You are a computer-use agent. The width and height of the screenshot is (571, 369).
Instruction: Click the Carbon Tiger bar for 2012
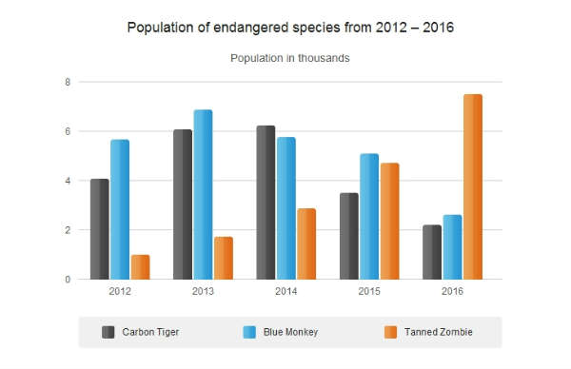coord(99,229)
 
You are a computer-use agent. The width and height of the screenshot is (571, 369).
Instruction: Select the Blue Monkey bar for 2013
coord(203,194)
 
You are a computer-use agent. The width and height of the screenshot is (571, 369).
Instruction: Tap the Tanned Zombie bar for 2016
coord(473,186)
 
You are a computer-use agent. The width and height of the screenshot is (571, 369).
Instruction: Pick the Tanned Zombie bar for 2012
coord(140,267)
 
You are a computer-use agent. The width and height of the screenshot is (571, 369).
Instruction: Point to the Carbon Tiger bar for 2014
coord(266,203)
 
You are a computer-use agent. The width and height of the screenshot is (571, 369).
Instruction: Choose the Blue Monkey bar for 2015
coord(369,217)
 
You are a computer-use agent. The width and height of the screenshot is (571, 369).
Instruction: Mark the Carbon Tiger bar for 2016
coord(432,252)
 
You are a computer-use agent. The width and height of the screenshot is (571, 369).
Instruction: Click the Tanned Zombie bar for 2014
coord(306,243)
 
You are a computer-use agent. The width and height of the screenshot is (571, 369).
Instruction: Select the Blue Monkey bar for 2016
coord(452,247)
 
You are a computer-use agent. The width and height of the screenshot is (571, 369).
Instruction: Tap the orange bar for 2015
coord(389,222)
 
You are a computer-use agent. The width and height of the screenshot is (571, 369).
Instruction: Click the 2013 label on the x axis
coord(203,291)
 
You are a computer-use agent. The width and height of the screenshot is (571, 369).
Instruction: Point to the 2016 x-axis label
coord(452,291)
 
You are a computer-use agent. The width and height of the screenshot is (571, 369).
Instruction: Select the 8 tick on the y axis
coord(68,82)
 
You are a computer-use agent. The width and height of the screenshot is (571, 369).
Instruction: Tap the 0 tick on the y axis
coord(68,280)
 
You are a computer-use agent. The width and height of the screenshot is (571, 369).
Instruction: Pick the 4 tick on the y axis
coord(68,181)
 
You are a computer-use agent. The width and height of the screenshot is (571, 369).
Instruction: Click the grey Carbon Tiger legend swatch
coord(108,332)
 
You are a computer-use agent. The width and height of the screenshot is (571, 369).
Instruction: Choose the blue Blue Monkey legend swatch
coord(249,332)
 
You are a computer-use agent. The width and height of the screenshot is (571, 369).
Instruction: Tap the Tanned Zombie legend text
coord(439,332)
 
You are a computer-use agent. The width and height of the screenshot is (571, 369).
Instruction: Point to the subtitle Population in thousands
coord(290,58)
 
